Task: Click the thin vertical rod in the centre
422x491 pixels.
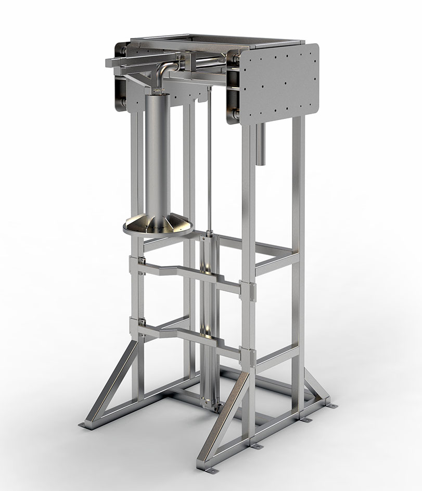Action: click(x=209, y=156)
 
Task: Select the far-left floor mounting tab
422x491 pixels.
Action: click(x=84, y=426)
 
